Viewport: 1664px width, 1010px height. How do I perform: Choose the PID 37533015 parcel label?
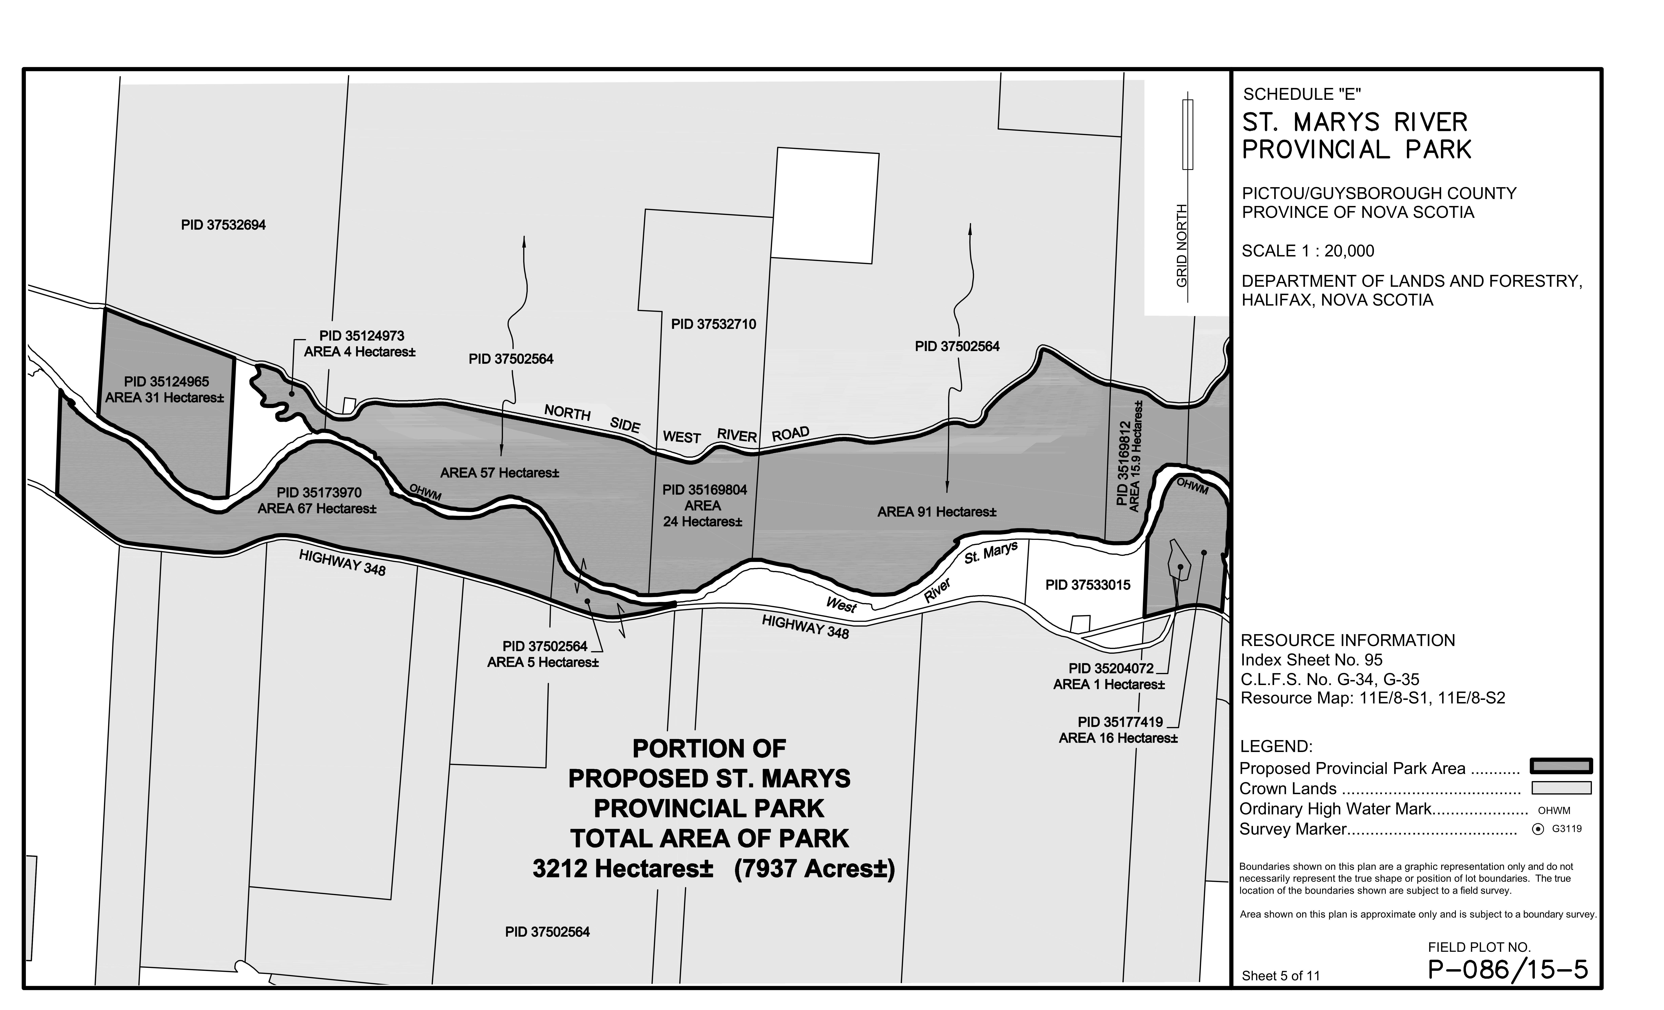coord(1087,585)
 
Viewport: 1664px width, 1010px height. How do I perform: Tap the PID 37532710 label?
coord(713,324)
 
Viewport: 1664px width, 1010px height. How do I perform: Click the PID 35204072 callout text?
coord(1111,668)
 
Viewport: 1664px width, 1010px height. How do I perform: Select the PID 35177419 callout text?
coord(1120,722)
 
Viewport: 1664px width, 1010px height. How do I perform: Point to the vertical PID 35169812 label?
coord(1122,463)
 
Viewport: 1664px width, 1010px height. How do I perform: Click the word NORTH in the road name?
coord(567,412)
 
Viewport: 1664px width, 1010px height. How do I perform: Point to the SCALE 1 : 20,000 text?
coord(1307,251)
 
